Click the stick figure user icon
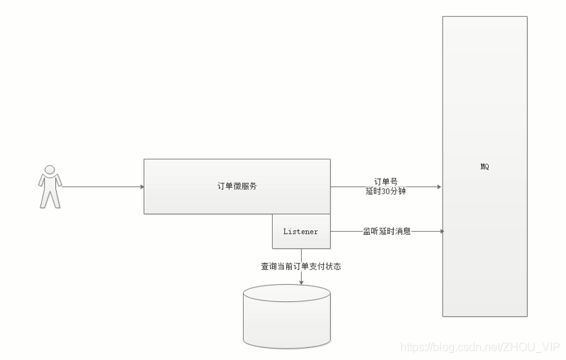tap(49, 186)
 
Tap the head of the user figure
tap(49, 169)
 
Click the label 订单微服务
tap(237, 186)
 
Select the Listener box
tap(301, 231)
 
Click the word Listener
tap(301, 231)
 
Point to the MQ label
tap(485, 167)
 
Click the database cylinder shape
tap(286, 319)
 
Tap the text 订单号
tap(385, 181)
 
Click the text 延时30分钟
tap(385, 191)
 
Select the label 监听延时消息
tap(387, 231)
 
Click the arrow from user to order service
tap(99, 187)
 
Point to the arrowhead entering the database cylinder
tap(301, 282)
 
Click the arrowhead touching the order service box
tap(141, 187)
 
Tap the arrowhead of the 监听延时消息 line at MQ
tap(441, 231)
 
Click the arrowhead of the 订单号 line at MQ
tap(439, 187)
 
